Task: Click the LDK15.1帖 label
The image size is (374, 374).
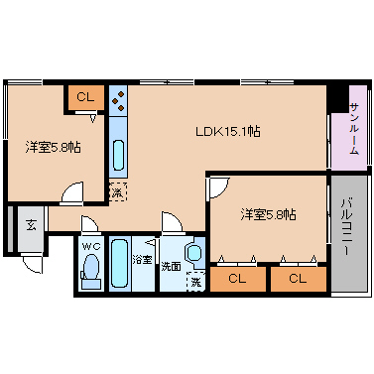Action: click(228, 131)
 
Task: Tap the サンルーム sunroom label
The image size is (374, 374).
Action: click(354, 129)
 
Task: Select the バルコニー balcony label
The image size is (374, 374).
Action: click(346, 226)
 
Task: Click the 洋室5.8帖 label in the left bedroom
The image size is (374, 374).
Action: click(54, 147)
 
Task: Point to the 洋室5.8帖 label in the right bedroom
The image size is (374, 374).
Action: click(268, 215)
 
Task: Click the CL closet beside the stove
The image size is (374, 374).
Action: click(86, 97)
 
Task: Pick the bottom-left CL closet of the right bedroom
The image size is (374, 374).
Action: click(237, 279)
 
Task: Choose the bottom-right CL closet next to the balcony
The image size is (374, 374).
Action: click(299, 279)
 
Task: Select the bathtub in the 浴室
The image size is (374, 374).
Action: click(119, 264)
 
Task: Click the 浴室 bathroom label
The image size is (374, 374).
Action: click(142, 260)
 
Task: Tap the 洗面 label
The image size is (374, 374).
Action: click(171, 266)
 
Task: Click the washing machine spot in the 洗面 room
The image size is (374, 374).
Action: click(195, 282)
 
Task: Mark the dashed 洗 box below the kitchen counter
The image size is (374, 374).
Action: click(118, 191)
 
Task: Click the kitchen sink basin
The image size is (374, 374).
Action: click(119, 155)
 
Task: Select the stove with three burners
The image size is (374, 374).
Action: click(118, 100)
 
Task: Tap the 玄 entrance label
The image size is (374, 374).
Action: click(31, 226)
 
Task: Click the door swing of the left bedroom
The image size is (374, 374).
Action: click(71, 191)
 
